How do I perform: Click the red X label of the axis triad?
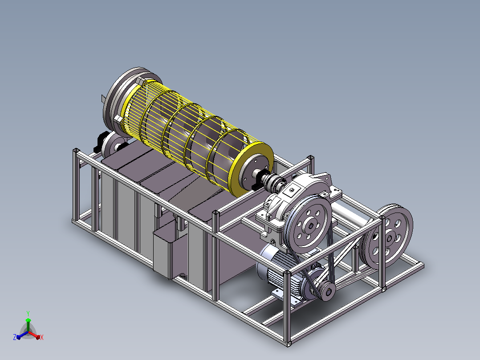[42, 337]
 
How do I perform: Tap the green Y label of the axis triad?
[28, 313]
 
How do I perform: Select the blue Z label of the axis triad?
[15, 337]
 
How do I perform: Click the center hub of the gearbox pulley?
[311, 226]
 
